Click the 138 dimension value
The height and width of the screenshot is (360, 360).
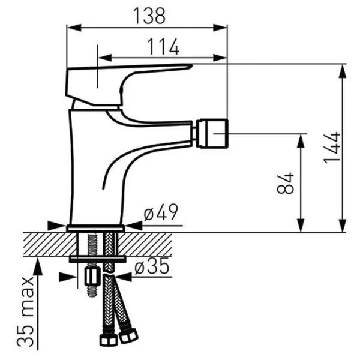(149, 16)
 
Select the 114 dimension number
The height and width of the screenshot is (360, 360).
(163, 47)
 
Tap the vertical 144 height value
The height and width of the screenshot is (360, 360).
(332, 148)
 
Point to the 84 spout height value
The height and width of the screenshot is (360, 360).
(286, 183)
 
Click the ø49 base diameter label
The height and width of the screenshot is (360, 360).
(161, 212)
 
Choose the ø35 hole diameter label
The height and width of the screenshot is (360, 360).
(152, 266)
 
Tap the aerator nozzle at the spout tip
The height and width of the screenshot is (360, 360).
(212, 133)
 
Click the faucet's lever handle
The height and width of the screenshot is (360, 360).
(128, 85)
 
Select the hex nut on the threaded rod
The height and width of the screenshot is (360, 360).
(92, 276)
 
